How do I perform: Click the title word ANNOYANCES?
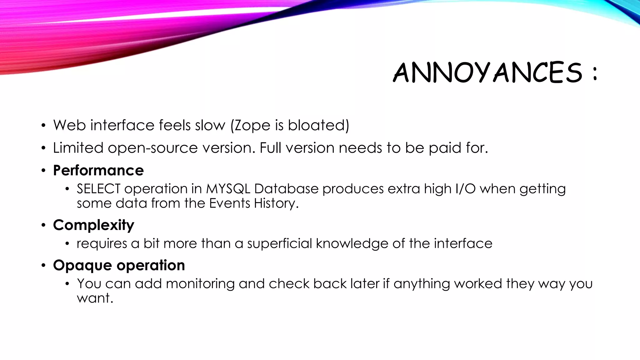[x=487, y=72]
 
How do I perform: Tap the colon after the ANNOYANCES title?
[x=594, y=74]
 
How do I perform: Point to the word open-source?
[x=153, y=148]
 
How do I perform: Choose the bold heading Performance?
[x=98, y=171]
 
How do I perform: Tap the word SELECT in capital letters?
[x=98, y=189]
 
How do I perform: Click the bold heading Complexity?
[x=94, y=225]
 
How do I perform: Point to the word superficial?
[x=280, y=243]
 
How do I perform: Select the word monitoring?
[x=200, y=284]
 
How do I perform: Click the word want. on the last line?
[x=95, y=298]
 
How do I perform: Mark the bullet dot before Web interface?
[x=43, y=126]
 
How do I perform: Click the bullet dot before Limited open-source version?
[x=43, y=148]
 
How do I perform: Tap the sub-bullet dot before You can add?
[x=67, y=284]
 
